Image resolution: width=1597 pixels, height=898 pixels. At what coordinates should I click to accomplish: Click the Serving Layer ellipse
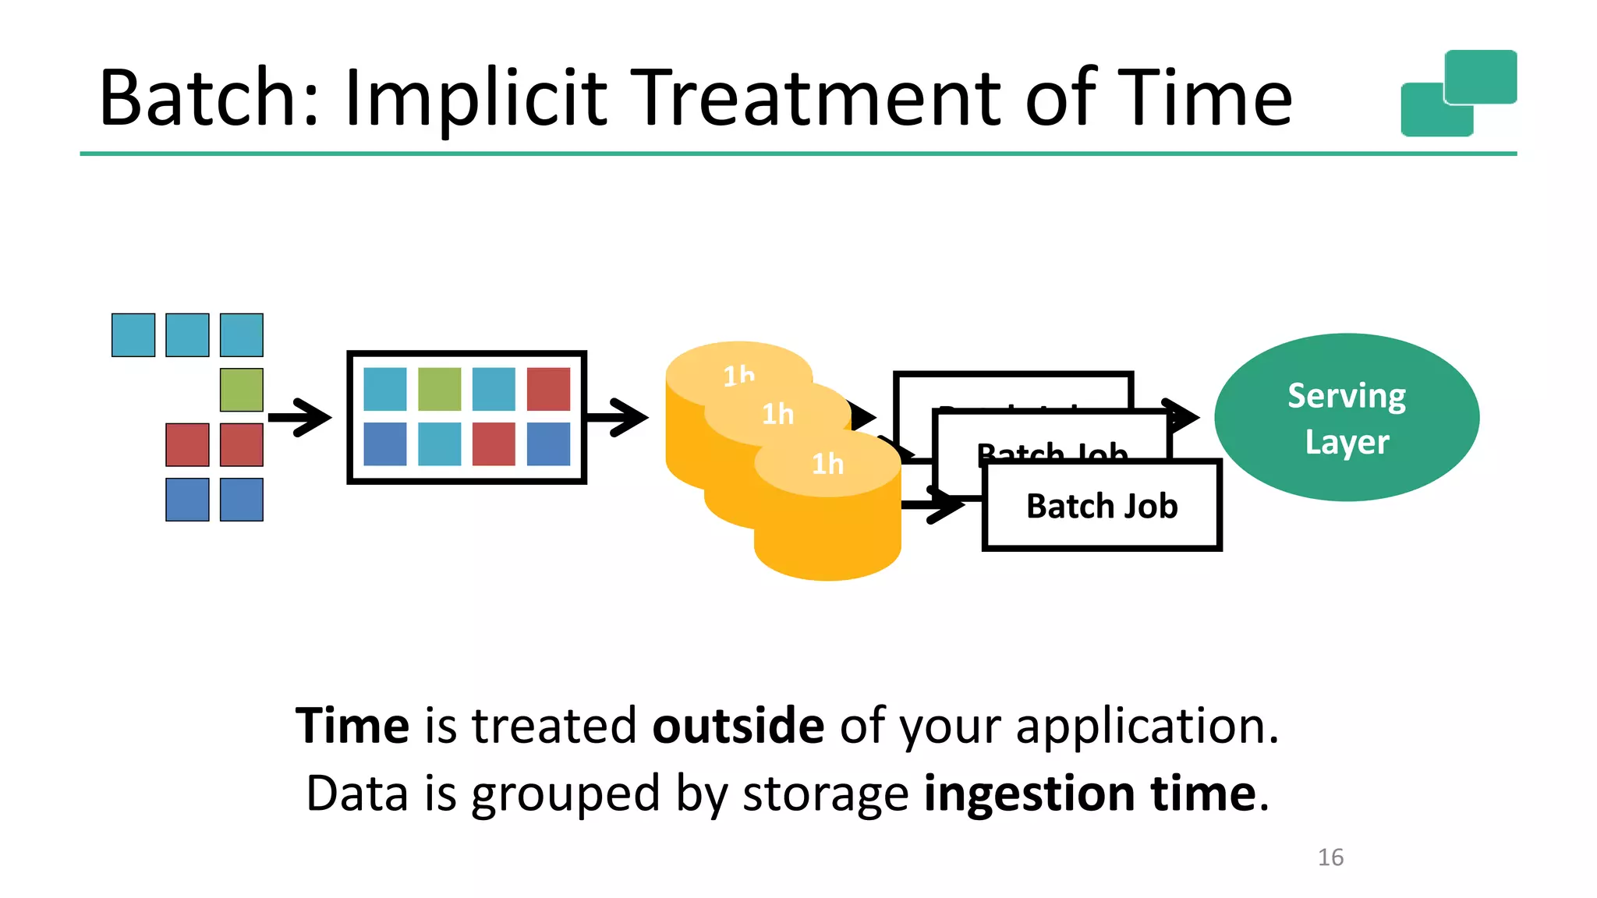click(1347, 418)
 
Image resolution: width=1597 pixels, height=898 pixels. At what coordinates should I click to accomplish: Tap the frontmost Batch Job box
click(1101, 506)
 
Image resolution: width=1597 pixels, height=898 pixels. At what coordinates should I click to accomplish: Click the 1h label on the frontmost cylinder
click(827, 464)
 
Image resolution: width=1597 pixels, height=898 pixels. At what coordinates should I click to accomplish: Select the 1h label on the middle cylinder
click(777, 414)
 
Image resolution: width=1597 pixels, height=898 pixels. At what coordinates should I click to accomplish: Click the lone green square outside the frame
click(242, 390)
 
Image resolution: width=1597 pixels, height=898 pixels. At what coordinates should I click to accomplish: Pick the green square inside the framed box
click(439, 389)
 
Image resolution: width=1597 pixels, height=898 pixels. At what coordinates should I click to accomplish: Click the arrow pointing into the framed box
click(300, 418)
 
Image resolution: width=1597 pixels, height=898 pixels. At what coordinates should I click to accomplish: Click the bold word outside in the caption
click(738, 726)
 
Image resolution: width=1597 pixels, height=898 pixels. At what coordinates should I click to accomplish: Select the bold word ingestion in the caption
click(1029, 794)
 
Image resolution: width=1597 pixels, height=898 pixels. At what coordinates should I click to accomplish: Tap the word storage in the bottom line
click(825, 794)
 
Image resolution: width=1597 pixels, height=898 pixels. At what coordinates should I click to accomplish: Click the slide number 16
click(1330, 857)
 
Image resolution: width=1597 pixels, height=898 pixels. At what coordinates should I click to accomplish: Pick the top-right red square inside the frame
click(548, 389)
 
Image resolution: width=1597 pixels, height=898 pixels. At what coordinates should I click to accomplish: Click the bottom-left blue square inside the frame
click(385, 444)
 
